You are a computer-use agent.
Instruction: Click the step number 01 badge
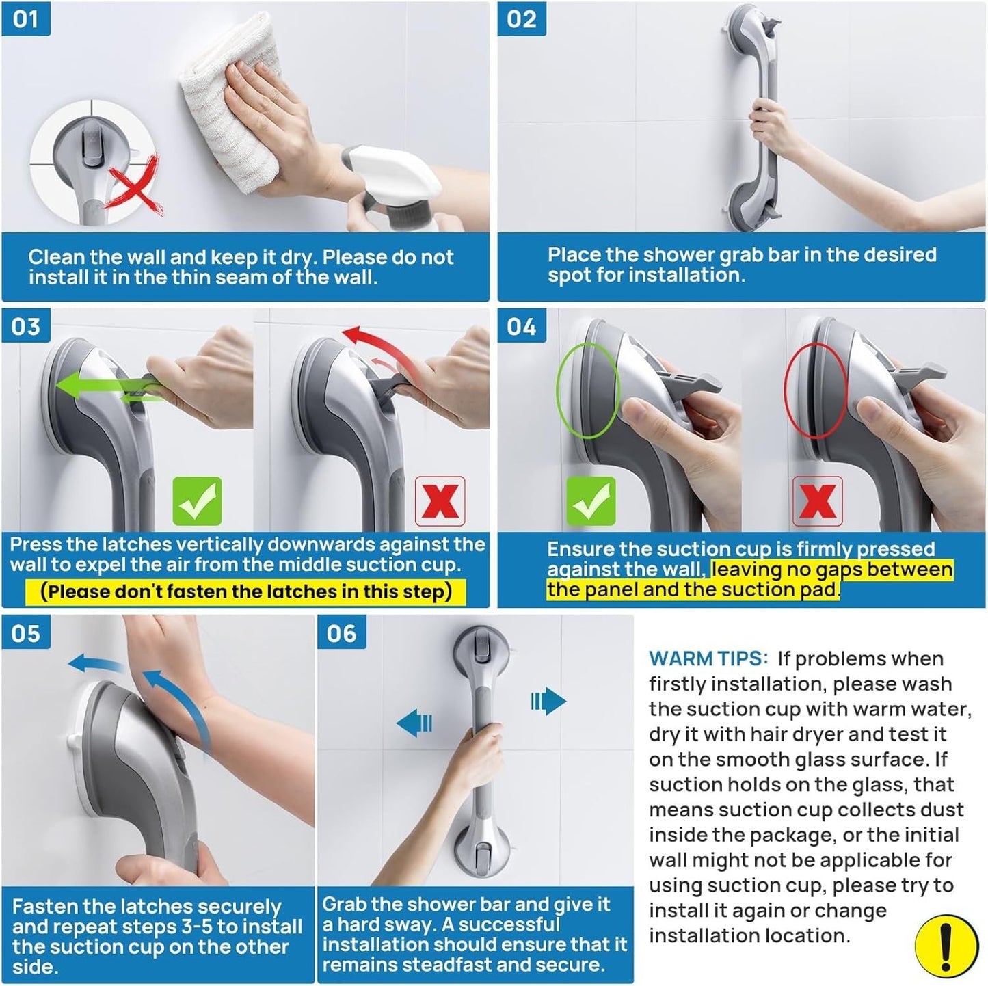point(25,18)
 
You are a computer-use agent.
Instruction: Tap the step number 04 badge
point(521,326)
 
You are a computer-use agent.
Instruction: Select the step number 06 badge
point(341,633)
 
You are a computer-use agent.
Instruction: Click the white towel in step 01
point(226,89)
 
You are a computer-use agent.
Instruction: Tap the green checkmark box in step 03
point(197,501)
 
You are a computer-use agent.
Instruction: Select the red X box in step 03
point(440,501)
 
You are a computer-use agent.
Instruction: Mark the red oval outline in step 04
point(815,390)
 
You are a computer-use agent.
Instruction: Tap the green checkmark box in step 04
point(591,501)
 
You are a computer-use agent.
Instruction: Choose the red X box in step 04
point(817,501)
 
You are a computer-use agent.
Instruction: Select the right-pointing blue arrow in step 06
point(548,701)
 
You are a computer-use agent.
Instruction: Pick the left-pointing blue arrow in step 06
point(415,723)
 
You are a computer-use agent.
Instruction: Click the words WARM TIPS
point(708,658)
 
